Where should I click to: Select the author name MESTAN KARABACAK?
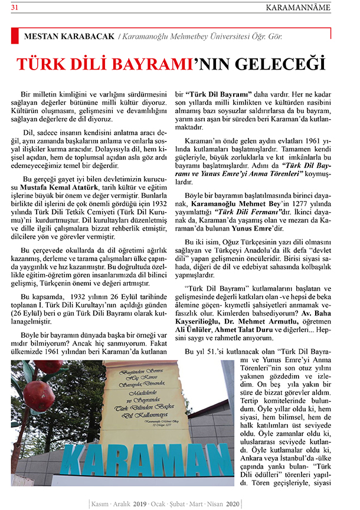tap(68, 37)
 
